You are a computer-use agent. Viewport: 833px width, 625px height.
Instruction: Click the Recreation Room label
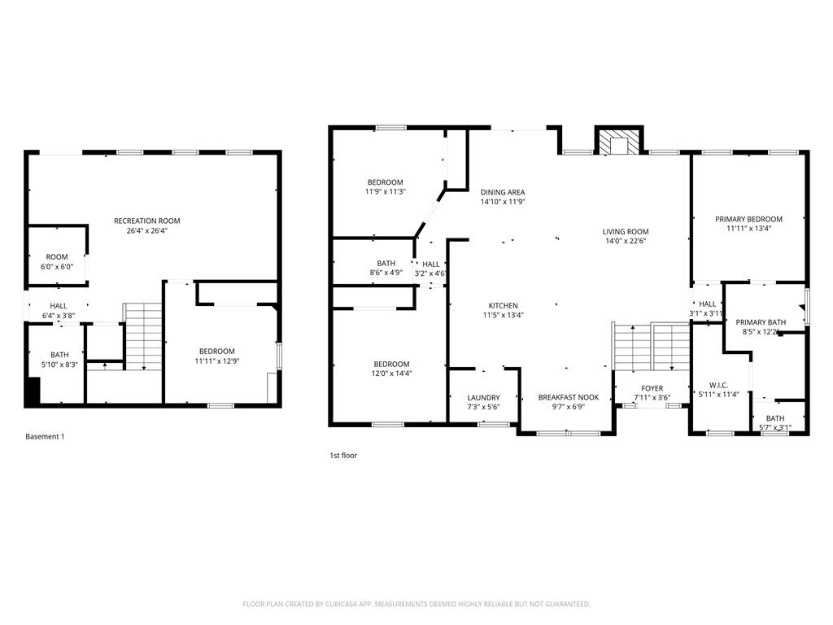tap(147, 221)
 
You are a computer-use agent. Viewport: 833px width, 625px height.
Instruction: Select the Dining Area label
tap(503, 192)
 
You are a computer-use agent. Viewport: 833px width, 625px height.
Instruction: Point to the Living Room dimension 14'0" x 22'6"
tap(626, 241)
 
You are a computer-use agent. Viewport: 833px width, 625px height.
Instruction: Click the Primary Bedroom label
tap(748, 219)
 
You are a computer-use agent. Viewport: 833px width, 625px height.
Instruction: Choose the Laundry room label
tap(483, 397)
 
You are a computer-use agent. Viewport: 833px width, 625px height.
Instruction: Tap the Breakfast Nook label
tap(569, 397)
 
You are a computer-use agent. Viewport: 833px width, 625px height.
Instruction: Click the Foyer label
tap(652, 388)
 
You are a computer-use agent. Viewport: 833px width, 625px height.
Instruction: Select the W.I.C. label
tap(718, 385)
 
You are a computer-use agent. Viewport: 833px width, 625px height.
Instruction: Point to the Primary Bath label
tap(761, 322)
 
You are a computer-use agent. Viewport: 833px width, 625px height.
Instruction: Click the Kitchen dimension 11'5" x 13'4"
tap(503, 315)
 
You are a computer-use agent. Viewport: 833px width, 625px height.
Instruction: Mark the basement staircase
tap(142, 337)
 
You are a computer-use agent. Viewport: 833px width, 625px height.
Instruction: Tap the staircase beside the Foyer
tap(652, 346)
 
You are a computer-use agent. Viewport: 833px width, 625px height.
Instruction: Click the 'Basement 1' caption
tap(46, 436)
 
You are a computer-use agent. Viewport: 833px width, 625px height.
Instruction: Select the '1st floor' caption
tap(343, 456)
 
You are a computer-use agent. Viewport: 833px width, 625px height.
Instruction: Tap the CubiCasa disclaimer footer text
tap(416, 604)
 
